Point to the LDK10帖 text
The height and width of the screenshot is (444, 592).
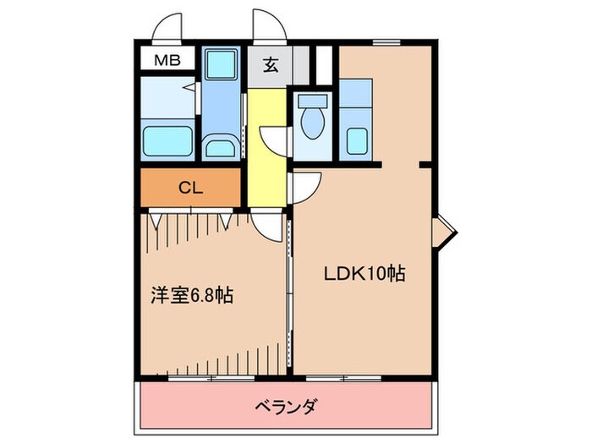[364, 273]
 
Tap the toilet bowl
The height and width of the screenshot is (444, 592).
[311, 123]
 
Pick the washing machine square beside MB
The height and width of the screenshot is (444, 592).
[222, 63]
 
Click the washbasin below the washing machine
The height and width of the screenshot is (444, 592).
[222, 146]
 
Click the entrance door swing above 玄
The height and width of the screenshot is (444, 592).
[265, 25]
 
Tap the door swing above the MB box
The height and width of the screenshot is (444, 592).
[168, 28]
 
